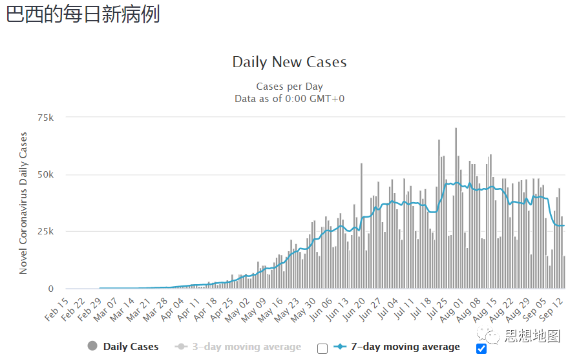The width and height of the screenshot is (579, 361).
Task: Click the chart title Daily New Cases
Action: coord(289,63)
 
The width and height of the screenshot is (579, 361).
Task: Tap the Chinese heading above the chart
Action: coord(83,14)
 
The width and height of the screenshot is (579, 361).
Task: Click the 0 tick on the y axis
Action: coord(50,289)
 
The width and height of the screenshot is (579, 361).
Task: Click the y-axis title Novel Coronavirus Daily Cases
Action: coord(24,203)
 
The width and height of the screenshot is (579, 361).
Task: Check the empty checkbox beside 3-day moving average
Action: coord(322,349)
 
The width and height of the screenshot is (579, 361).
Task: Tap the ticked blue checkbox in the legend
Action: coord(481,349)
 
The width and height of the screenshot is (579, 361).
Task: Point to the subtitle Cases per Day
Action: coord(289,87)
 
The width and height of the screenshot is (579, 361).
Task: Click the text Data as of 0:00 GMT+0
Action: coord(289,98)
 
